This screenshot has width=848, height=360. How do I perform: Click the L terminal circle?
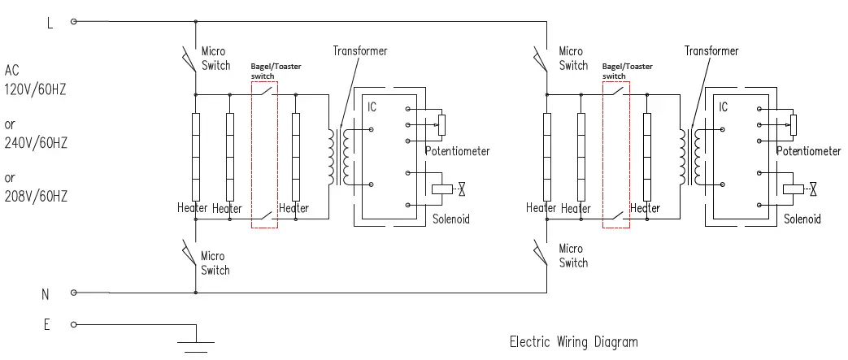click(74, 22)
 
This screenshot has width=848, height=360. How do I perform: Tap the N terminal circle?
click(74, 293)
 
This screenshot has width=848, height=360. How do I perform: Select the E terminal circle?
click(74, 324)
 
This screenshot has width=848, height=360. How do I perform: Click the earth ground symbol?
click(196, 346)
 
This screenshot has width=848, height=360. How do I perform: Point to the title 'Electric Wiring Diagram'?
click(574, 341)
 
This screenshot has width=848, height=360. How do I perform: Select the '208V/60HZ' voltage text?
click(36, 196)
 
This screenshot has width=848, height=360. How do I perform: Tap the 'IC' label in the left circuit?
click(372, 107)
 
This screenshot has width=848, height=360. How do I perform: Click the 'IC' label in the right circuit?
click(723, 107)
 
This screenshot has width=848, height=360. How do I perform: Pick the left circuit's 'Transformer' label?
click(360, 51)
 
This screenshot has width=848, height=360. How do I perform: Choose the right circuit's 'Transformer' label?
click(711, 51)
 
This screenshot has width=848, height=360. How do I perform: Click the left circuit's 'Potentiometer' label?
click(458, 151)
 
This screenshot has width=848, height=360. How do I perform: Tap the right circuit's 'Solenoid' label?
click(802, 219)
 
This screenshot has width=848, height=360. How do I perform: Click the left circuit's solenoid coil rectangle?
click(441, 189)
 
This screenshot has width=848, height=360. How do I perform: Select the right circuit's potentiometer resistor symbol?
click(794, 125)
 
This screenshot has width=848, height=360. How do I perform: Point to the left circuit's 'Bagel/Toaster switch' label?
click(276, 71)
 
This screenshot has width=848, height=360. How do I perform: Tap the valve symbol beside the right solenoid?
click(813, 189)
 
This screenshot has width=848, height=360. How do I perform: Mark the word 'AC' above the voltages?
click(12, 70)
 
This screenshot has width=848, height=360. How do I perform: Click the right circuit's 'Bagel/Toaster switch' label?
click(628, 71)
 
